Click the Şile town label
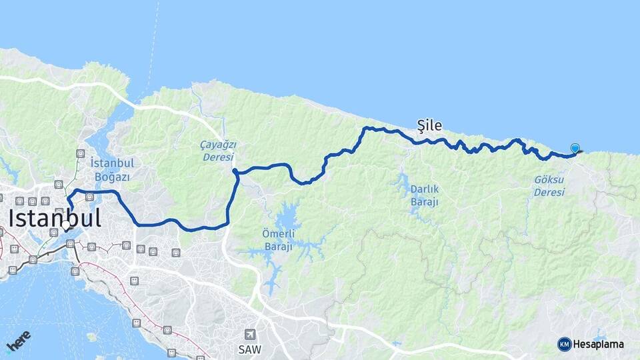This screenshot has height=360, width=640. click(429, 125)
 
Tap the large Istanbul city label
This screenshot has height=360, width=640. click(55, 218)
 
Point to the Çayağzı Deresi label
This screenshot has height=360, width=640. click(218, 151)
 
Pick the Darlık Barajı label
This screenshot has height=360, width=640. click(425, 195)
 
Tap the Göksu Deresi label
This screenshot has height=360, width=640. click(549, 186)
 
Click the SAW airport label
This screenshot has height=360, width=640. click(250, 349)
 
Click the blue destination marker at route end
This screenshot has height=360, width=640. click(575, 149)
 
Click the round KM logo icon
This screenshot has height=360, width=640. click(565, 344)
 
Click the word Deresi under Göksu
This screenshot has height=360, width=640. click(549, 192)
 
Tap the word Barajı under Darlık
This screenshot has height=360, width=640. click(425, 202)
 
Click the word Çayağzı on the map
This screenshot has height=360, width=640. click(218, 145)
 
